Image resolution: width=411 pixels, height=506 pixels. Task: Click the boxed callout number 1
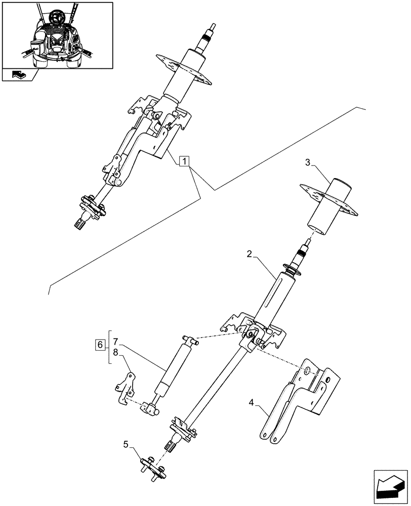(x=185, y=162)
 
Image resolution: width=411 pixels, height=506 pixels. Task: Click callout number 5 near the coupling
(x=126, y=445)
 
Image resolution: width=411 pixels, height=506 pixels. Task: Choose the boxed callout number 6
(x=100, y=345)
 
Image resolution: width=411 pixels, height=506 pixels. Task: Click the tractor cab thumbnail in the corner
(x=57, y=34)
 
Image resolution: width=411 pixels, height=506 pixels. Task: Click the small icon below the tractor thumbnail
(x=19, y=75)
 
